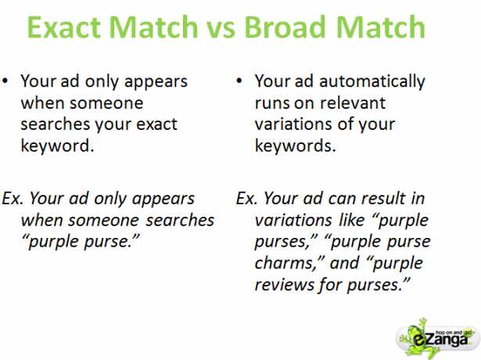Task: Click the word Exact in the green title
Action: click(x=64, y=27)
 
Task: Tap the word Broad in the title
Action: click(x=285, y=27)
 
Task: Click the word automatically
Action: click(x=372, y=81)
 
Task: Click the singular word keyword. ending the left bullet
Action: click(x=57, y=145)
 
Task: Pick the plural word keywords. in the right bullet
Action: click(x=296, y=145)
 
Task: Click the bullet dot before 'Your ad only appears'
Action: click(x=5, y=81)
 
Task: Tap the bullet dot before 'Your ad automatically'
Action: click(x=239, y=81)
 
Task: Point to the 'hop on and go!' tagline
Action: click(x=454, y=333)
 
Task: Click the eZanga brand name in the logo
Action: click(x=440, y=340)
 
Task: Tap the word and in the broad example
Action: click(x=344, y=263)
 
